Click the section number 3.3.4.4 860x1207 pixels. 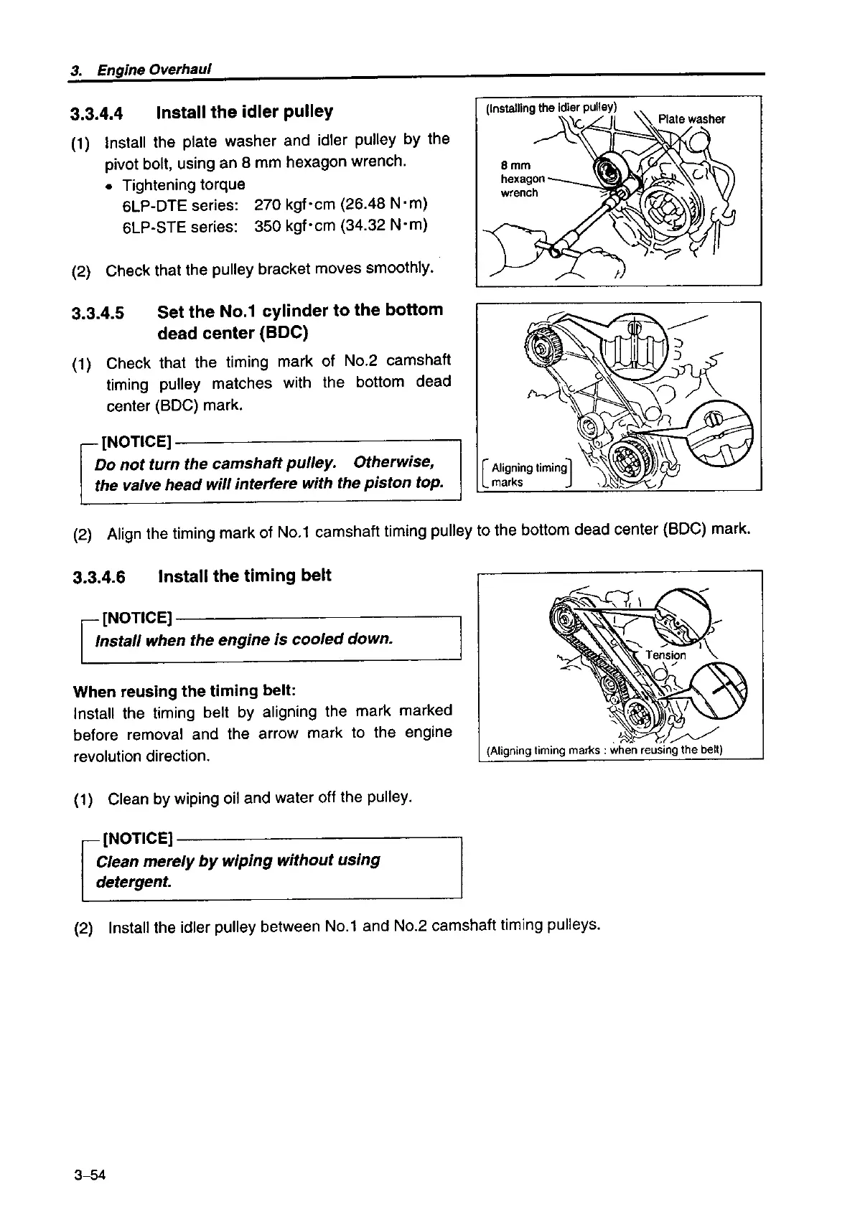click(x=97, y=113)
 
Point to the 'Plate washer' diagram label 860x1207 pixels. click(x=691, y=119)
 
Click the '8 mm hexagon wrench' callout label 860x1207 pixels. click(x=523, y=179)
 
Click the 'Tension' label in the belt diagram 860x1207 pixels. click(x=665, y=655)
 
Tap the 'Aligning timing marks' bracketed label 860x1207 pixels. click(x=528, y=475)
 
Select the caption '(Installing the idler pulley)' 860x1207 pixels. click(x=551, y=108)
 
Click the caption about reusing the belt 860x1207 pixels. click(x=604, y=751)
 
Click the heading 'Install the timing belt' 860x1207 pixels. click(x=244, y=576)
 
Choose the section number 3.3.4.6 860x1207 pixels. click(x=99, y=578)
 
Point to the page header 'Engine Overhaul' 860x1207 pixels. click(x=152, y=70)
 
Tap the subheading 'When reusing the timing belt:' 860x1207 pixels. click(x=184, y=691)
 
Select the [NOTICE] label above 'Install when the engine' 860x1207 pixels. click(x=137, y=618)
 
